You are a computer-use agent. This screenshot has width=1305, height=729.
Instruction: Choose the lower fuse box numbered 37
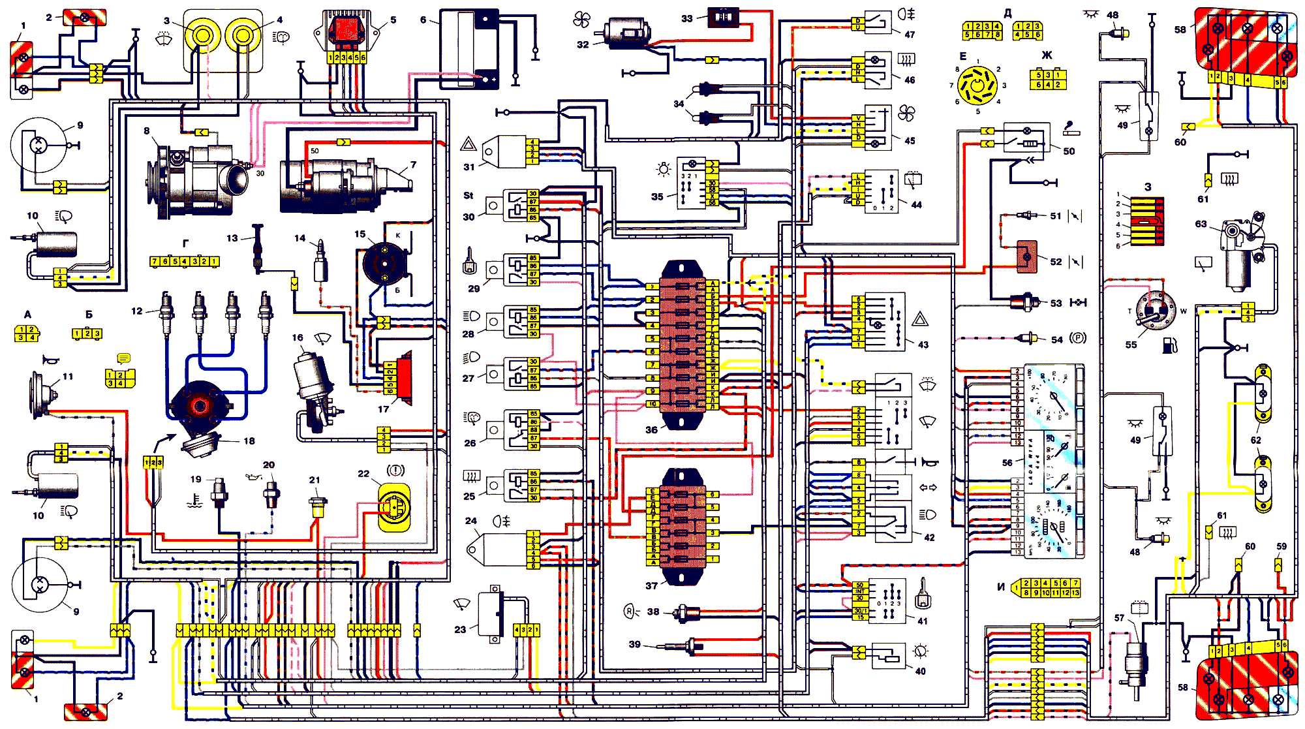pos(683,526)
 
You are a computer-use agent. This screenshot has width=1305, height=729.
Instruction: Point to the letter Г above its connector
pos(185,243)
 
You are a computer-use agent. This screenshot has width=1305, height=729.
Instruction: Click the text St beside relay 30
pos(468,195)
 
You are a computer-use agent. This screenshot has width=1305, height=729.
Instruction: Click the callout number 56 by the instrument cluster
pos(1007,463)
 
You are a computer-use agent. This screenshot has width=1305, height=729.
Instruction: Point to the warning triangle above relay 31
pos(468,144)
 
